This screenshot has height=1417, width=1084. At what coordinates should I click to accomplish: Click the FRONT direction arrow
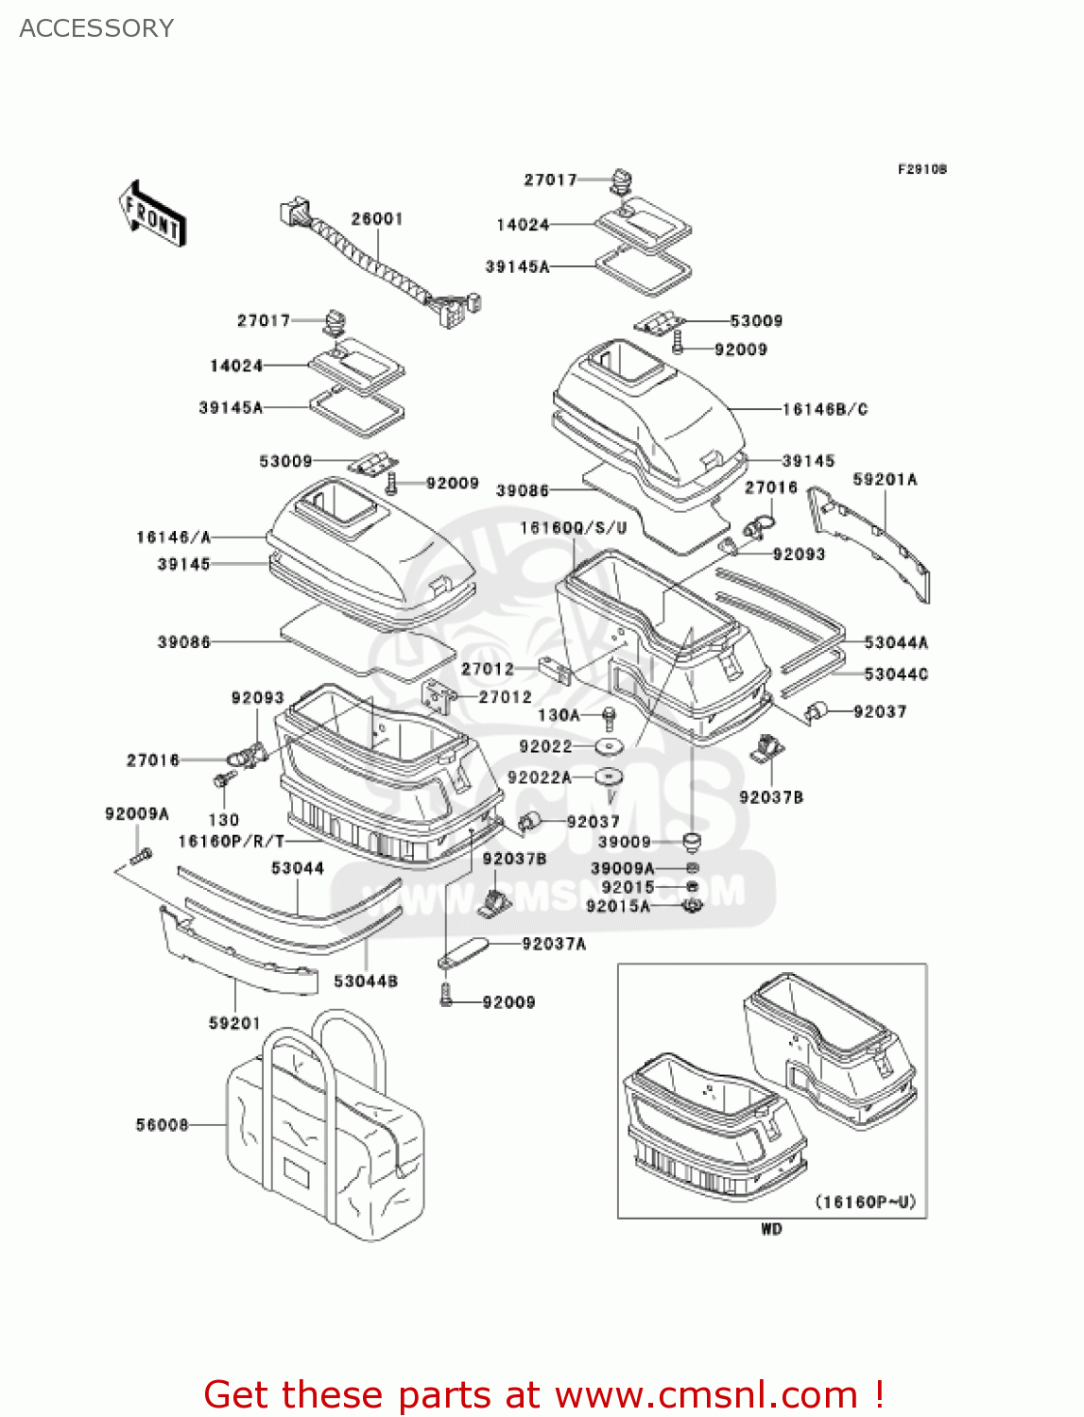tap(151, 214)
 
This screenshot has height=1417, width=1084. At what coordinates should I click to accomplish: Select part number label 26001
tap(377, 219)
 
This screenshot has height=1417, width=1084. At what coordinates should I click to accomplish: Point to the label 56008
tap(162, 1125)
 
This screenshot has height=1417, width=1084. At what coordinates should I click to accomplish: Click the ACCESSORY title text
tap(96, 28)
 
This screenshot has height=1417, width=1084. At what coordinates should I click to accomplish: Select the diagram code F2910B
tap(921, 170)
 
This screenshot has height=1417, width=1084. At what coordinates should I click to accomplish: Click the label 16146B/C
tap(824, 409)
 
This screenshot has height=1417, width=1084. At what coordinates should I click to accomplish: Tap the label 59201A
tap(885, 480)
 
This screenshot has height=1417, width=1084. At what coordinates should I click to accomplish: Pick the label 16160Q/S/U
tap(573, 528)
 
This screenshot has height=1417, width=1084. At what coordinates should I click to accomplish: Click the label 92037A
tap(554, 944)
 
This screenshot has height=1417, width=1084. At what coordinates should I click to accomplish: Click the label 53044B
tap(366, 982)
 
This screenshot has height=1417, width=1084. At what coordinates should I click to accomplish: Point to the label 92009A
tap(137, 814)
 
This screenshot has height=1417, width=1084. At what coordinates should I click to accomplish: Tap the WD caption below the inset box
tap(771, 1229)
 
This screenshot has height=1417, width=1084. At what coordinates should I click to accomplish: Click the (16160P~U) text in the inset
tap(865, 1203)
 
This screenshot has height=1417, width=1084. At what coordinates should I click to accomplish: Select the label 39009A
tap(622, 868)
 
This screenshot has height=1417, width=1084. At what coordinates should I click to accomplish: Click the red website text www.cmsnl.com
tap(706, 1394)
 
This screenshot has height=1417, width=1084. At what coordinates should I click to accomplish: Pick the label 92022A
tap(539, 777)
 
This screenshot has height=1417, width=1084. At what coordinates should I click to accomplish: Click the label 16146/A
tap(173, 538)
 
